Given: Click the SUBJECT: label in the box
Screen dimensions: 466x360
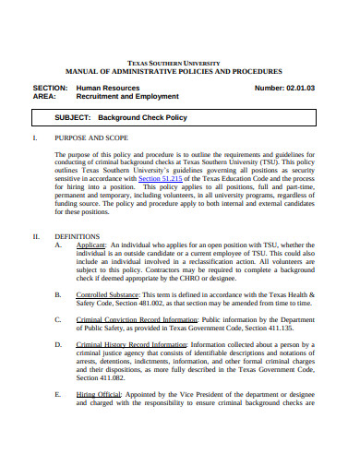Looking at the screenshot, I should click(72, 118).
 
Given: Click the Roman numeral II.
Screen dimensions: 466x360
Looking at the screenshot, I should click(36, 236).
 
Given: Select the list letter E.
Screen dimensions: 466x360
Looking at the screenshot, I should click(58, 392).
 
